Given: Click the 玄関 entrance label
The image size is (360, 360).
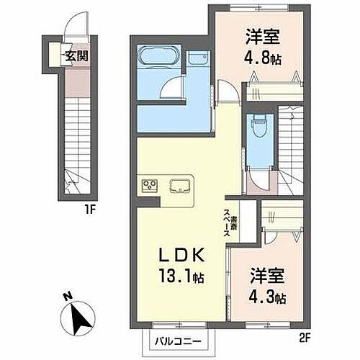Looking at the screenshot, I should tap(75, 56).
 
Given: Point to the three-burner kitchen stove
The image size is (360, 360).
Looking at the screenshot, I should tap(150, 186).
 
